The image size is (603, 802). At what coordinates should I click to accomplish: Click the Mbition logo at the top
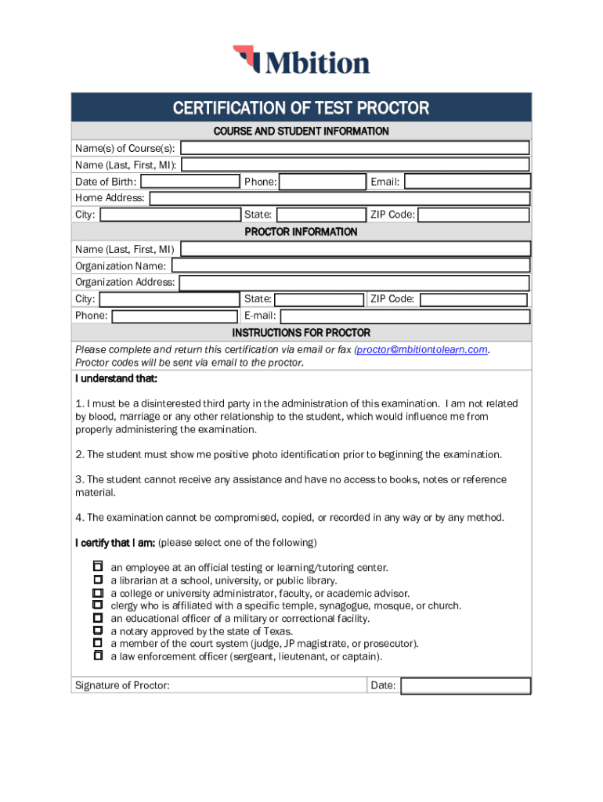[x=301, y=61]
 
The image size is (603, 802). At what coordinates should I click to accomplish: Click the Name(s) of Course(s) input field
[x=371, y=148]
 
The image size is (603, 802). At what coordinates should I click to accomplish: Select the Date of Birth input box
[x=190, y=182]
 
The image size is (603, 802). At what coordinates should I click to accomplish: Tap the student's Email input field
[x=467, y=182]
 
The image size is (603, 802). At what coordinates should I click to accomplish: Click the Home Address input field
[x=339, y=198]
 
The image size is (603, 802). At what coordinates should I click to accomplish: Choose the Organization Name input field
[x=349, y=266]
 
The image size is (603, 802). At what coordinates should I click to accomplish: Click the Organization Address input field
[x=354, y=283]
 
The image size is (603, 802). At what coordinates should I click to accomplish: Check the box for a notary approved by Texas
[x=98, y=630]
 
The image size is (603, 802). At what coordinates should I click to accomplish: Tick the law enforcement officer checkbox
[x=98, y=656]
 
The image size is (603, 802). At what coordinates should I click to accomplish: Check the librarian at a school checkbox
[x=98, y=580]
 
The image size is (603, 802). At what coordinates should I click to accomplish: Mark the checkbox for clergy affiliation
[x=98, y=605]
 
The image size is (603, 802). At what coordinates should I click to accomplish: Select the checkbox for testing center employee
[x=98, y=566]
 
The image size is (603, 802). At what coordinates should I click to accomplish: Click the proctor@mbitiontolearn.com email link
[x=422, y=349]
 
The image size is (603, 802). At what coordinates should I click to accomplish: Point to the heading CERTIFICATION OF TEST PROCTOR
[x=301, y=108]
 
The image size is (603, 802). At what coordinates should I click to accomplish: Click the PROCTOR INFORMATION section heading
[x=301, y=232]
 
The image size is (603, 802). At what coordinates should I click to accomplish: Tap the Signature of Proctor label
[x=122, y=686]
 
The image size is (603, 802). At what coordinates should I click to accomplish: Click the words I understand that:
[x=117, y=379]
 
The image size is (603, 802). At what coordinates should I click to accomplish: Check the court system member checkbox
[x=98, y=643]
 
